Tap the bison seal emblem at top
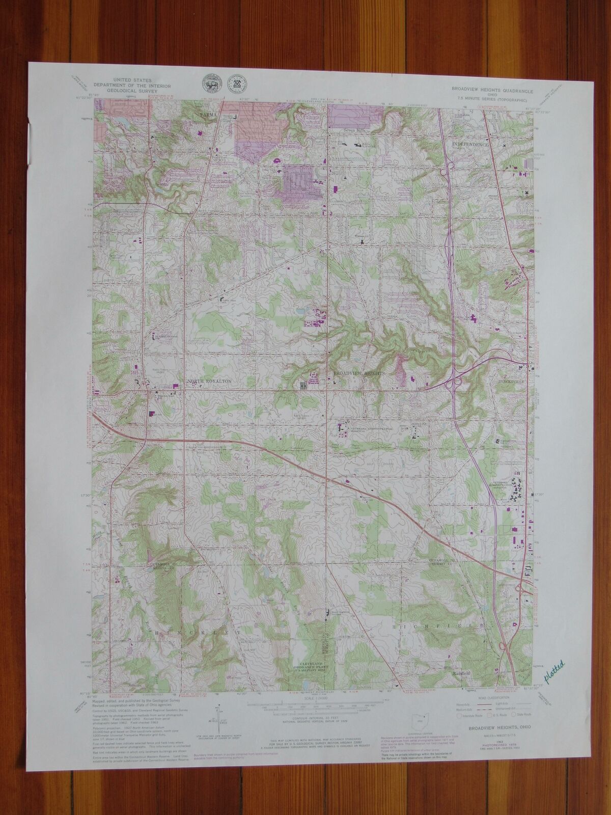pyautogui.click(x=209, y=84)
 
